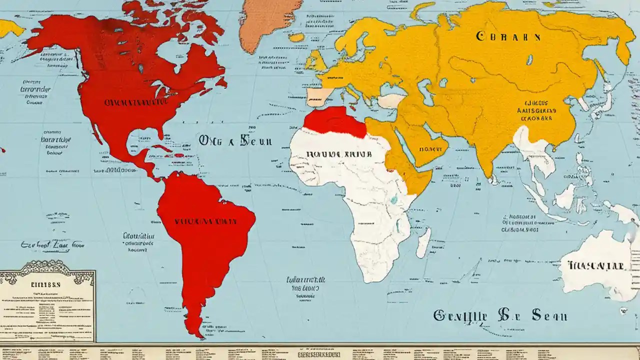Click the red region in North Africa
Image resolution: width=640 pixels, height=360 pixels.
334,121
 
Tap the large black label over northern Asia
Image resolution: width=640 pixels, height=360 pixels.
508,36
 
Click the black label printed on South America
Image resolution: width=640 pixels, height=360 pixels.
206,220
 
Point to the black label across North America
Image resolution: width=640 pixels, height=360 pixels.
135,102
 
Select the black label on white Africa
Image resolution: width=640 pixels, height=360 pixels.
339,154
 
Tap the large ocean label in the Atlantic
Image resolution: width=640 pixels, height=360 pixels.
235,140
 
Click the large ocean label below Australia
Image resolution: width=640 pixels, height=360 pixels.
500,315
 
